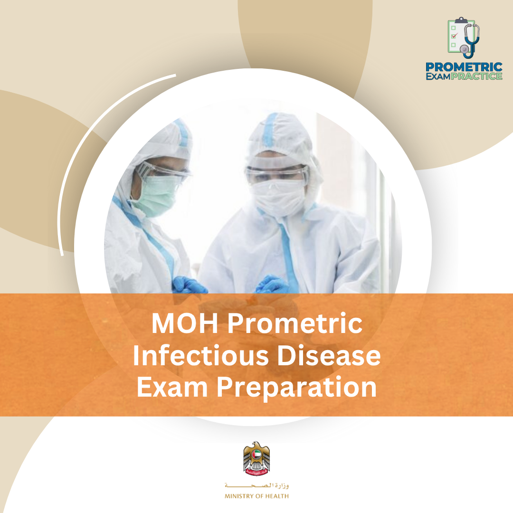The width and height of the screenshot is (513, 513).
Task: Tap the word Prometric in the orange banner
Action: click(x=295, y=324)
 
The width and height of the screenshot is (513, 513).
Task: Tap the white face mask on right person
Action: click(x=279, y=196)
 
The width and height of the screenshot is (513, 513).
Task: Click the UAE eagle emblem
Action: click(x=256, y=458)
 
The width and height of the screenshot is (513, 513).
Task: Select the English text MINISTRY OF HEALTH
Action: click(x=256, y=496)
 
